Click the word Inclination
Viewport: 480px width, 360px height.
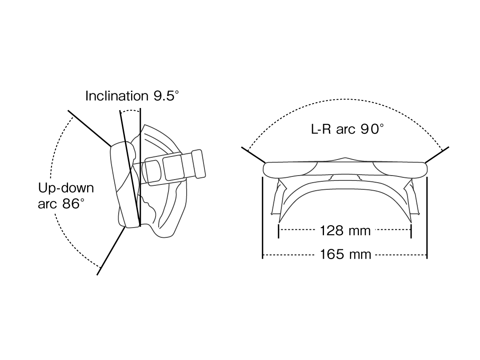[x=112, y=96]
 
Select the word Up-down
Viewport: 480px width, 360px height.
[x=66, y=188]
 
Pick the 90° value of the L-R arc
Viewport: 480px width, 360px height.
[x=372, y=129]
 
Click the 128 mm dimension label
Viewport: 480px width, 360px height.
[x=345, y=231]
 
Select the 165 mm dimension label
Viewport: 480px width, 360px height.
[x=345, y=254]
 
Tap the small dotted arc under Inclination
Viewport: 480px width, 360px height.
[x=130, y=111]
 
